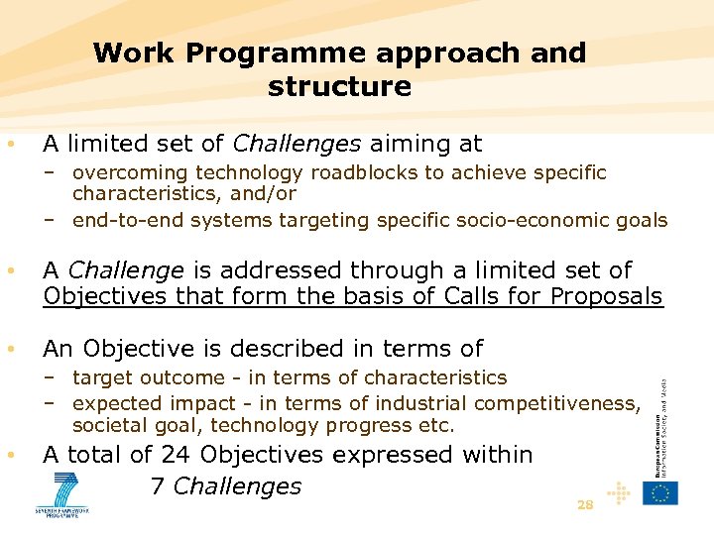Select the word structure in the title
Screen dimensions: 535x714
click(339, 86)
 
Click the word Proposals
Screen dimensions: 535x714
click(607, 296)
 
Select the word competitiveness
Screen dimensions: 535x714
click(556, 403)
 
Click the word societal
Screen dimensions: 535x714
click(110, 426)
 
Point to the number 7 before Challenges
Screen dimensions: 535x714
click(157, 486)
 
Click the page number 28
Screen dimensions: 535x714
click(585, 504)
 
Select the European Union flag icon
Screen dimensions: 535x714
click(660, 491)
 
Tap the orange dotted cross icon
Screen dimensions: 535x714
click(617, 491)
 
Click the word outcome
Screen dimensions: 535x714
click(189, 377)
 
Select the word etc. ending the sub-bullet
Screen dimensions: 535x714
click(436, 426)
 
